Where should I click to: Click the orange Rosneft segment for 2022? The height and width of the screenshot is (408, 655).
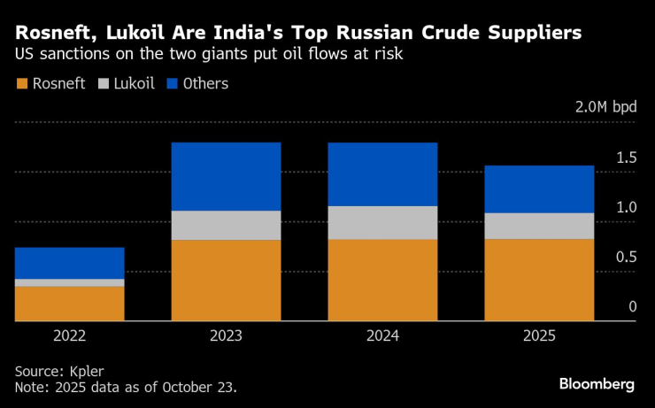[69, 303]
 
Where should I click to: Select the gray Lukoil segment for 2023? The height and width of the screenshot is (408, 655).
[226, 225]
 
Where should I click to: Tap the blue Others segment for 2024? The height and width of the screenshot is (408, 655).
[382, 173]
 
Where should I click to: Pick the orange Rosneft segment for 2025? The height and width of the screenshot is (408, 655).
[539, 279]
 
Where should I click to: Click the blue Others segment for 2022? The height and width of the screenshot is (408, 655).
[69, 263]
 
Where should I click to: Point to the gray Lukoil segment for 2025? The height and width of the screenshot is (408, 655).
[539, 226]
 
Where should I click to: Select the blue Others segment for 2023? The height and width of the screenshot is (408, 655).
[226, 176]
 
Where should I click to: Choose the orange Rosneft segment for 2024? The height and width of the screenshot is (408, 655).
[382, 280]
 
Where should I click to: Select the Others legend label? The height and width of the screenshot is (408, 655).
[204, 84]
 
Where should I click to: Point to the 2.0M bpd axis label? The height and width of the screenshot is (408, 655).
[605, 107]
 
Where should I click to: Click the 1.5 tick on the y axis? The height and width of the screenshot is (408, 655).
[627, 158]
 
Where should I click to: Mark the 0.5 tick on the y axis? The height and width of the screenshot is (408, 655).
[627, 257]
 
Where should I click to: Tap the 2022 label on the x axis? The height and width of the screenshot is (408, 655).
[69, 336]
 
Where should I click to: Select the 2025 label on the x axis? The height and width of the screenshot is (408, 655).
[539, 336]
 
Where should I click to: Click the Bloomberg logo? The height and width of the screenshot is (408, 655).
[597, 383]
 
